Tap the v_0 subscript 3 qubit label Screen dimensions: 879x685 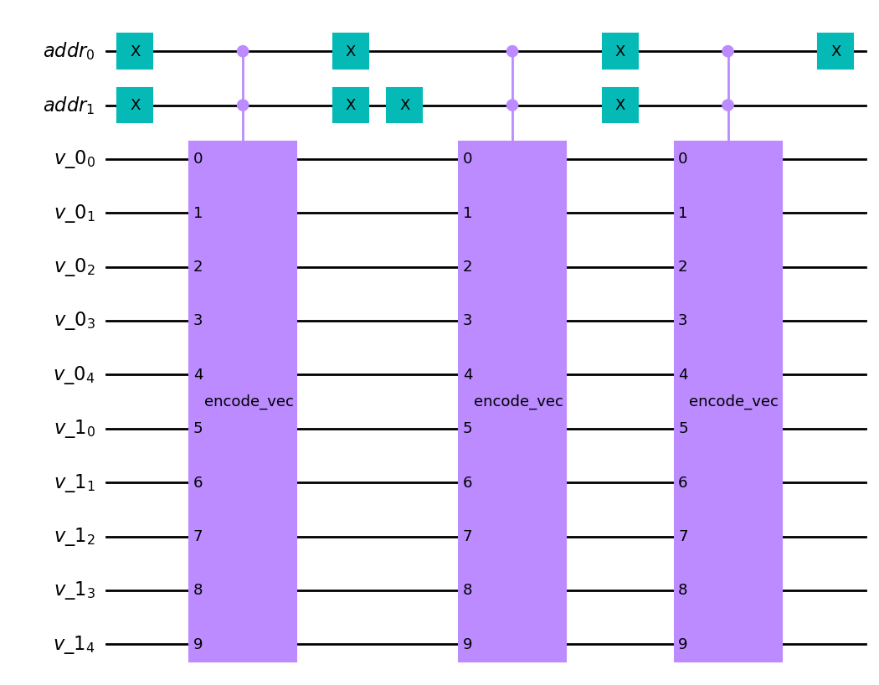click(75, 322)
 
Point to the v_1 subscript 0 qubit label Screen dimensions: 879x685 click(75, 429)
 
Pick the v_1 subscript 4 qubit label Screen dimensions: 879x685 click(75, 645)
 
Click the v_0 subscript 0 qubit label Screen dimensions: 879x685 click(75, 159)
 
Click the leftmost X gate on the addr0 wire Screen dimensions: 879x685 click(135, 51)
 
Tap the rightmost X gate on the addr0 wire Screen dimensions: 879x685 click(835, 51)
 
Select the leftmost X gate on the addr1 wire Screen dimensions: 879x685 click(135, 106)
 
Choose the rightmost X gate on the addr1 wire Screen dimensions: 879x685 click(620, 106)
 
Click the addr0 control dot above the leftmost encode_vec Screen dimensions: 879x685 click(243, 51)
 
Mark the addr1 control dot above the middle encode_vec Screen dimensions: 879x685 click(512, 106)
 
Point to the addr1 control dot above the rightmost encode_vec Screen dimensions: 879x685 click(728, 106)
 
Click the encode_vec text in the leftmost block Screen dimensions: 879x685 click(249, 402)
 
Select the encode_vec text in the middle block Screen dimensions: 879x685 click(518, 402)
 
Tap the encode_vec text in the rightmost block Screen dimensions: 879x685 click(733, 402)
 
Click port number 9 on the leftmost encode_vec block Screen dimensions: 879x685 click(198, 644)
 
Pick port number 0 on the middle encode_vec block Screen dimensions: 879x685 click(468, 159)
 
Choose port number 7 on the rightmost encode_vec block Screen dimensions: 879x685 click(683, 536)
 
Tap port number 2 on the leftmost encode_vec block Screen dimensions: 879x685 click(198, 267)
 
